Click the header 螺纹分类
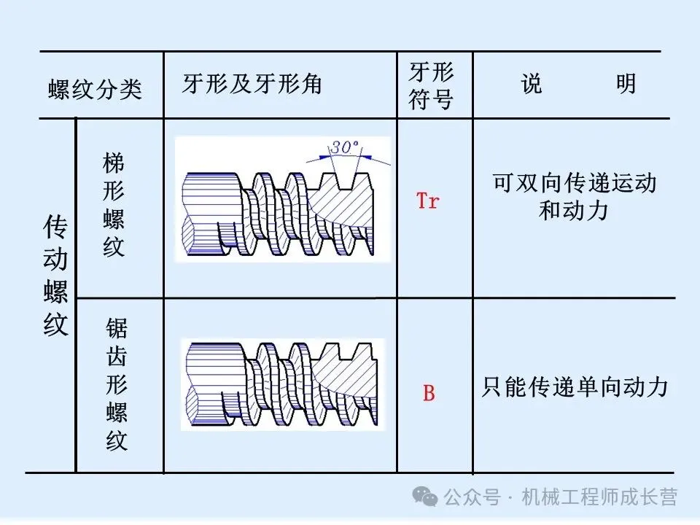coord(95,90)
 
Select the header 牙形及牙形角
coord(252,85)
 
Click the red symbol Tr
coord(428,201)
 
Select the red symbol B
coord(429,394)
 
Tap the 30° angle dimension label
coord(344,147)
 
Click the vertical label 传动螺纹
coord(55,276)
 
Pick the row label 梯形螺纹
coord(114,205)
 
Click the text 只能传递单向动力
coord(575,386)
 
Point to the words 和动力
coord(574,211)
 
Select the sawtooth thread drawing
coord(283,385)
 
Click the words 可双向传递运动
coord(575,182)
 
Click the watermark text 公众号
coord(472,498)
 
